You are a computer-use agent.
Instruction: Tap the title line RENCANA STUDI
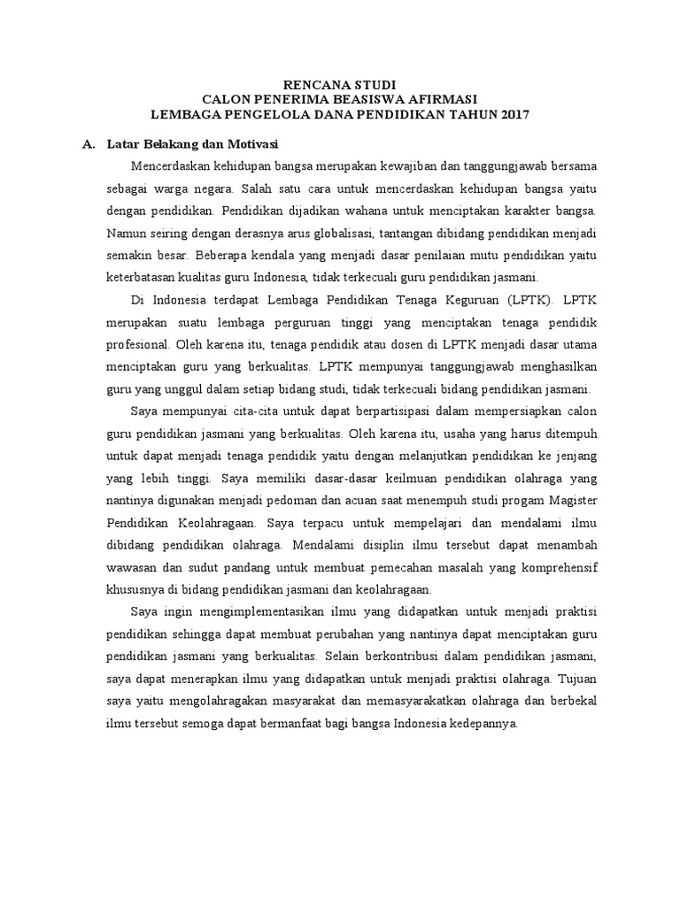339,85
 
